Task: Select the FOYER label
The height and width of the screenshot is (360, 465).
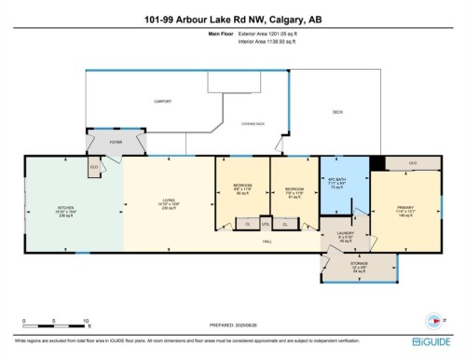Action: pos(116,142)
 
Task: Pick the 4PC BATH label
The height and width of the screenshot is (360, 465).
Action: pos(335,180)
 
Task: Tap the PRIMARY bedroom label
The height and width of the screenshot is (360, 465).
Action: pos(403,207)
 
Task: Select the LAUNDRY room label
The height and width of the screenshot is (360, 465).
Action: pos(344,235)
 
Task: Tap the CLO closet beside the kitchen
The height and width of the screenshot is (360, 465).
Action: pos(94,168)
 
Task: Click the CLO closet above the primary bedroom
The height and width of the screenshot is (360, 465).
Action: pos(412,163)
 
